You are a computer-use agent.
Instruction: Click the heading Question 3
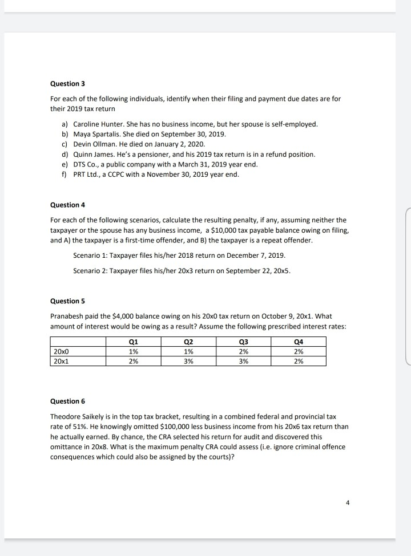(67, 84)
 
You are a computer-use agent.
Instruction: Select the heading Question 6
(67, 401)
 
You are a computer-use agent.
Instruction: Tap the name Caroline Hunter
(98, 124)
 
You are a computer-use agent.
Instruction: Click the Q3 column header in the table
(243, 342)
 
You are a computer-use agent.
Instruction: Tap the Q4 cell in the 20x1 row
(298, 361)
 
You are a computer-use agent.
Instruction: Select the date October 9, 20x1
(273, 315)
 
